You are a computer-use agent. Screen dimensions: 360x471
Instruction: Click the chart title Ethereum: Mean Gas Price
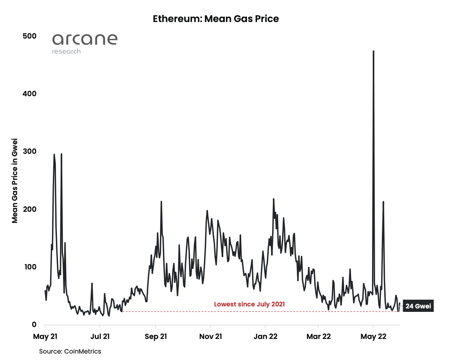(x=216, y=19)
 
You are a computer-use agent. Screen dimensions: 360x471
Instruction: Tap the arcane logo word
(x=85, y=39)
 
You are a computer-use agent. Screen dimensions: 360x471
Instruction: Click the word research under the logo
(x=66, y=52)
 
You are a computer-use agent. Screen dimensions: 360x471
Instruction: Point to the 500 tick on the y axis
(x=29, y=36)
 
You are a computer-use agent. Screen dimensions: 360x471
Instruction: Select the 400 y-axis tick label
(x=29, y=94)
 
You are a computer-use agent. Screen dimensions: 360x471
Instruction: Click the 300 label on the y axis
(x=29, y=151)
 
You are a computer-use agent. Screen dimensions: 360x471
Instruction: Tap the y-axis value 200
(x=29, y=209)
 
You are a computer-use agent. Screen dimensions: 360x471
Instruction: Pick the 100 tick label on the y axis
(x=30, y=267)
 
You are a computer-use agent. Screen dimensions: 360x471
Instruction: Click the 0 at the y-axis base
(x=34, y=324)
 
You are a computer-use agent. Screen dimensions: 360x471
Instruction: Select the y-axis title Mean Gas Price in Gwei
(x=15, y=181)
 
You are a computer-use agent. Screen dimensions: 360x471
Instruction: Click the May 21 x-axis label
(x=45, y=337)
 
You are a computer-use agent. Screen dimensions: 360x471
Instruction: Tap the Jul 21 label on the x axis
(x=100, y=337)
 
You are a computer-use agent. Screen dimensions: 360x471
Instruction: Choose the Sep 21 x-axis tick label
(x=156, y=337)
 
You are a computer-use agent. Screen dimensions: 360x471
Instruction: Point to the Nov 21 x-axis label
(x=210, y=337)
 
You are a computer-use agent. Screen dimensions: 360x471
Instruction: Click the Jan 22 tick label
(x=265, y=337)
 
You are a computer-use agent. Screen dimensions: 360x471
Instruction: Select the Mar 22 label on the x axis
(x=318, y=337)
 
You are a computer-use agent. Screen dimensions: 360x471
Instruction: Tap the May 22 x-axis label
(x=373, y=337)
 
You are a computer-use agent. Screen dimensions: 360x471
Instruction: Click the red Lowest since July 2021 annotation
(x=249, y=304)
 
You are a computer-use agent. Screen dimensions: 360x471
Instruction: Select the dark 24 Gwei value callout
(x=418, y=306)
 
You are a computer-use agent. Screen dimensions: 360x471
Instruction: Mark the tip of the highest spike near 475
(x=373, y=52)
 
